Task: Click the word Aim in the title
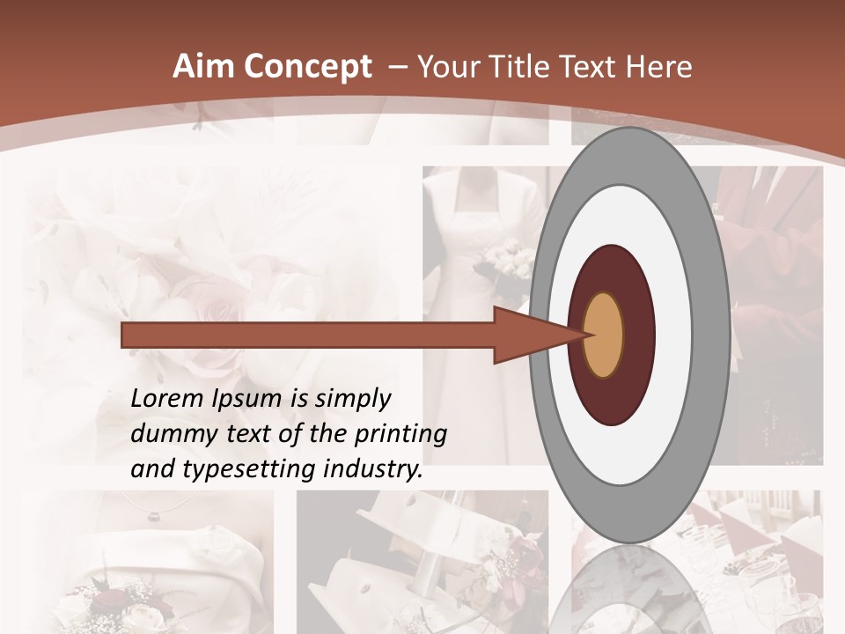click(x=202, y=67)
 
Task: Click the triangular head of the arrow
click(x=528, y=335)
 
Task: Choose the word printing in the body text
click(x=400, y=435)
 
